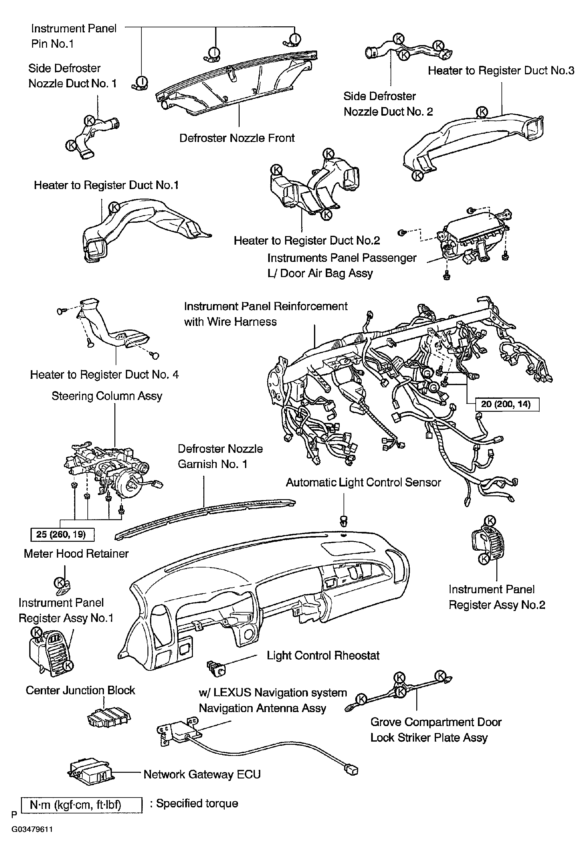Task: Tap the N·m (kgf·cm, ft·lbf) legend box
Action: coord(81,805)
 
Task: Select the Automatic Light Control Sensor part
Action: coord(344,521)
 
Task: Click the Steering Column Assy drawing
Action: coord(111,470)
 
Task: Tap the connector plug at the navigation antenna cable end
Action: coord(352,770)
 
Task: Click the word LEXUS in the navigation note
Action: coord(234,693)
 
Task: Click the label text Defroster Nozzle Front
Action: coord(237,138)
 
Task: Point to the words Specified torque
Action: coord(197,803)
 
